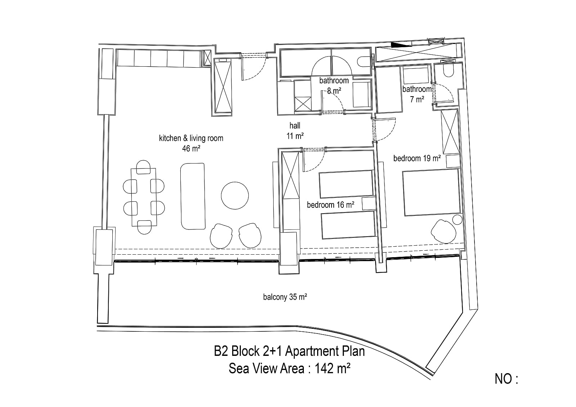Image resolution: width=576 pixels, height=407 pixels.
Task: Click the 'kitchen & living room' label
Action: [191, 138]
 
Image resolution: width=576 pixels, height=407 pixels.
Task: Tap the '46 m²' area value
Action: [191, 148]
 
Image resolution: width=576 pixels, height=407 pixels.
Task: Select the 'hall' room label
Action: [295, 126]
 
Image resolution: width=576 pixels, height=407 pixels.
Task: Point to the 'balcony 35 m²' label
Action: [285, 297]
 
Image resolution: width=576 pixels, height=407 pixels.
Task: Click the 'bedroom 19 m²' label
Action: [417, 158]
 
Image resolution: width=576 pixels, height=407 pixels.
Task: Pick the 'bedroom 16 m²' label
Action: [330, 205]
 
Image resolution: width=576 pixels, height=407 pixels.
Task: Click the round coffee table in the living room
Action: [235, 196]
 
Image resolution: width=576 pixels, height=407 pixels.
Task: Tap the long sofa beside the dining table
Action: [193, 196]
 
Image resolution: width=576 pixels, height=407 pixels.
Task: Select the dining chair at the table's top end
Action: [143, 167]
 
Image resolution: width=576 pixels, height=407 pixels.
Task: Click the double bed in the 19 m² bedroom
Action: [431, 192]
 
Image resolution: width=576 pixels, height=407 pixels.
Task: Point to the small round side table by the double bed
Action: [457, 220]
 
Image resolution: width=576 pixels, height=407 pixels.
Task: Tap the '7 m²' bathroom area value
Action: [417, 99]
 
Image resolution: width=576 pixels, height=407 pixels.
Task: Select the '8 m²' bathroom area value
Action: [334, 90]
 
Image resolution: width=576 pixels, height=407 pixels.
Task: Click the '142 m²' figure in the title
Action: [333, 368]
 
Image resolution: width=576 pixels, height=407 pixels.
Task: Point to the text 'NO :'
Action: [506, 379]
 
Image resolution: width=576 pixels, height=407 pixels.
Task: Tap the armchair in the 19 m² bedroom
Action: [444, 231]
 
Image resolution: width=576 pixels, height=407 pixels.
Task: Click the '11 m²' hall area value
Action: [295, 136]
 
